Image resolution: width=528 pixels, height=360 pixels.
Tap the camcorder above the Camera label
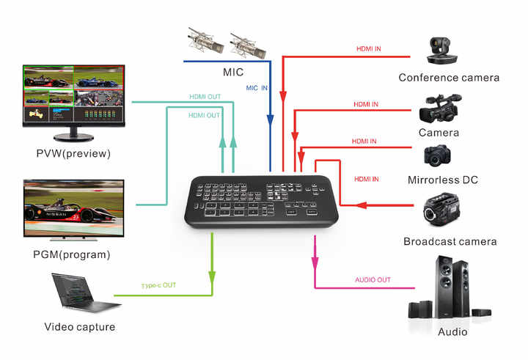click(439, 111)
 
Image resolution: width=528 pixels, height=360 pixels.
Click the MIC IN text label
click(256, 88)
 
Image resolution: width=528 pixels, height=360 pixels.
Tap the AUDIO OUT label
click(373, 280)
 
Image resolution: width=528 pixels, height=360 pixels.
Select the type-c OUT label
click(158, 284)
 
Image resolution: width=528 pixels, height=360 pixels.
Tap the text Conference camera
click(449, 77)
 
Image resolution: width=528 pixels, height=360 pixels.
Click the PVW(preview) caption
click(73, 154)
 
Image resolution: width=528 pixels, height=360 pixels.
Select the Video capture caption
click(80, 327)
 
